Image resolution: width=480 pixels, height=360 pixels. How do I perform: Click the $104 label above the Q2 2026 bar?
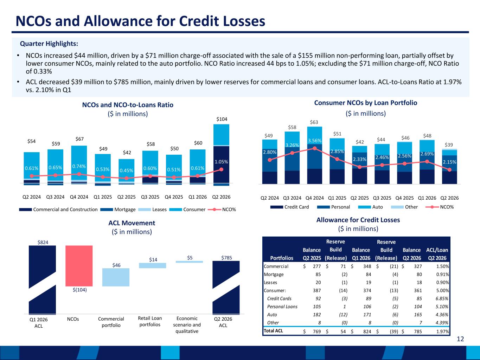tap(222, 119)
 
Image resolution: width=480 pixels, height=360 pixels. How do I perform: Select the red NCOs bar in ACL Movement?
tap(79, 266)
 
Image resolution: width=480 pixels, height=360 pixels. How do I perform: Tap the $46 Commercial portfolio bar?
tap(116, 277)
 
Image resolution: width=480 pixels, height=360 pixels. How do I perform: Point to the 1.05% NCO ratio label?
tap(221, 162)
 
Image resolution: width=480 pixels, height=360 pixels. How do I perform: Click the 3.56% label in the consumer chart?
tap(315, 141)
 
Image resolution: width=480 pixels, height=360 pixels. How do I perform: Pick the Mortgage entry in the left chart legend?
tap(118, 210)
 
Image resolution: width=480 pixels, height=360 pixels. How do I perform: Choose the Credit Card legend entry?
tap(289, 207)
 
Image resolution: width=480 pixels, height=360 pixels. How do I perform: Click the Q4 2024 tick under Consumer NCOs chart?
tap(314, 198)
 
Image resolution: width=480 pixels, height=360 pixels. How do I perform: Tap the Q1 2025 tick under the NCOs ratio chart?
tap(103, 197)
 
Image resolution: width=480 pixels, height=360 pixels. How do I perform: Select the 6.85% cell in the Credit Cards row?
tap(442, 298)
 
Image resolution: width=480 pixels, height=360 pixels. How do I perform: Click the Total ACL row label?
tap(273, 331)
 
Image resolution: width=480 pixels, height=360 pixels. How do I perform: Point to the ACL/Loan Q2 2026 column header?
tap(437, 254)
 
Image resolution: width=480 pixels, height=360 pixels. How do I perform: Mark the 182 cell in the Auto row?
tap(316, 315)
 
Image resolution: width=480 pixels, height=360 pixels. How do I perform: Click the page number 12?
tap(460, 339)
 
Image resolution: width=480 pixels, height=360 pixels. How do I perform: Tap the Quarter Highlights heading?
tap(49, 44)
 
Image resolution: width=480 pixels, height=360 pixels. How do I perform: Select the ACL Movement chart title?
tap(132, 223)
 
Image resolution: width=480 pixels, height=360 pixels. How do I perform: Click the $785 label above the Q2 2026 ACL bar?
tap(226, 258)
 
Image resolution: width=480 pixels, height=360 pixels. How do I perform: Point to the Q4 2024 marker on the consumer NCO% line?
tap(315, 148)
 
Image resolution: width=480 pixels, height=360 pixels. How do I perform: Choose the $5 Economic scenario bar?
tap(190, 262)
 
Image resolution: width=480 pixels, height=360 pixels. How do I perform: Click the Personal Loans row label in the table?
tap(282, 307)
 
